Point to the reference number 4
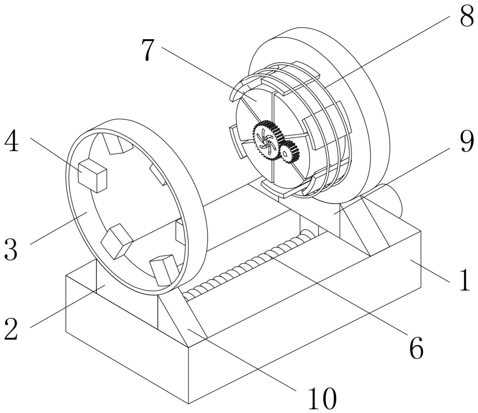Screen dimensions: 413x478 click(x=11, y=141)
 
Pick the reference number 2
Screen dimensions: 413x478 click(x=11, y=329)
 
